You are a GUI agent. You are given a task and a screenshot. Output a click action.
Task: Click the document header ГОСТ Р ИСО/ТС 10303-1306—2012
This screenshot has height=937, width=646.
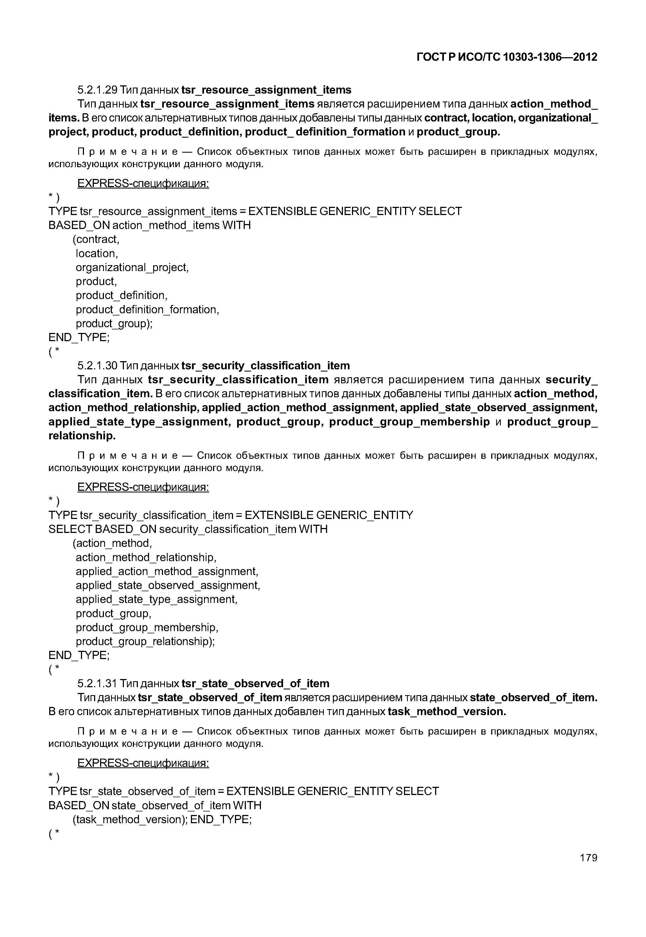pos(507,57)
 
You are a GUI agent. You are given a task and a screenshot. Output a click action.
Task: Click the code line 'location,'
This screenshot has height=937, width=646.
pos(97,254)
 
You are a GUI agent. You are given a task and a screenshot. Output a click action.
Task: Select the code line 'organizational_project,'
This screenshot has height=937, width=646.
pos(132,268)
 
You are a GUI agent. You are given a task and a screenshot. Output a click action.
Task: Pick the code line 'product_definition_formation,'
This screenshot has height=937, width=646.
pos(147,310)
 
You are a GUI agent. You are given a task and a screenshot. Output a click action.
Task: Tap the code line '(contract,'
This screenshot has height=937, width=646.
pos(96,239)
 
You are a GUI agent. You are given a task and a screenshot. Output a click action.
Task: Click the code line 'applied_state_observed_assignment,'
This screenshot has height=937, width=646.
pos(168,585)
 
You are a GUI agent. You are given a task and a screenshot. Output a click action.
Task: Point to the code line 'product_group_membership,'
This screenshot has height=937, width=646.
pos(147,628)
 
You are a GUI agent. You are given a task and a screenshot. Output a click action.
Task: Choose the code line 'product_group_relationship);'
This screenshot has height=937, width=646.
pos(145,642)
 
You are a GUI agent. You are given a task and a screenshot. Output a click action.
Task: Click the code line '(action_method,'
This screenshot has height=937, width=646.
pos(112,543)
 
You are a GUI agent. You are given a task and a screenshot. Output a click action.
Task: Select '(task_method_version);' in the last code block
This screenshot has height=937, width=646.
pos(130,820)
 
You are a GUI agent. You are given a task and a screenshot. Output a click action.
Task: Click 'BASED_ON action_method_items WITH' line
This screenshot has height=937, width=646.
pos(149,225)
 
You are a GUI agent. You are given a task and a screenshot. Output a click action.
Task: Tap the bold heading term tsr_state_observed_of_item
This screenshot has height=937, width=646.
pos(255,683)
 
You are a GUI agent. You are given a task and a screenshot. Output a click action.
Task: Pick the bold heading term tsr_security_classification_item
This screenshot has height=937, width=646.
pos(266,366)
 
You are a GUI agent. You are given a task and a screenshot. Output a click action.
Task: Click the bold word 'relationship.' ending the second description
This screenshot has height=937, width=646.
pos(82,436)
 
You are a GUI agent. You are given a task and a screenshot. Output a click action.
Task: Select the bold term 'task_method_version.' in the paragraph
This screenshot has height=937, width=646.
pos(447,712)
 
